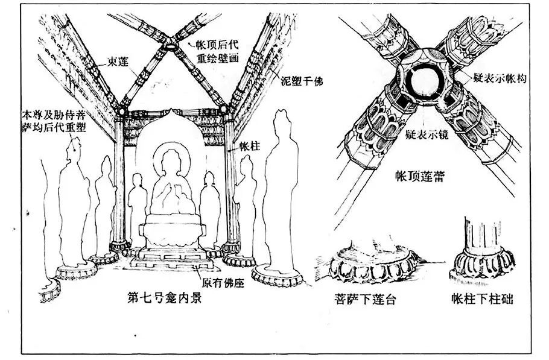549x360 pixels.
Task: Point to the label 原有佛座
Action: pyautogui.click(x=222, y=282)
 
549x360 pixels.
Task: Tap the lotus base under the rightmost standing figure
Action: pyautogui.click(x=277, y=276)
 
